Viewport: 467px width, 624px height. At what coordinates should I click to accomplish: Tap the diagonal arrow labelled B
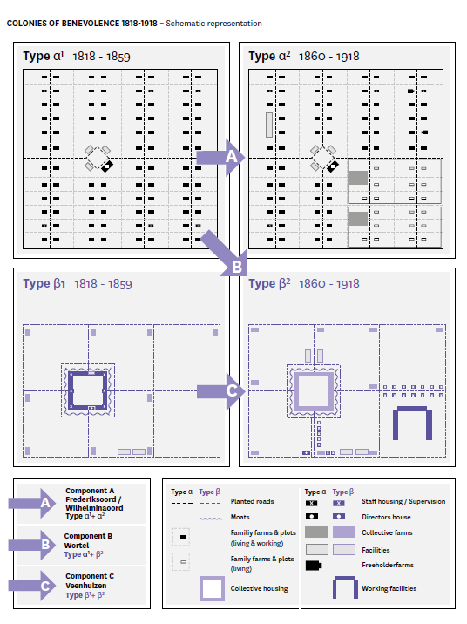[x=225, y=253]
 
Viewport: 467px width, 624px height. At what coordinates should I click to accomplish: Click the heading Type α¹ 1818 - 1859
[x=77, y=56]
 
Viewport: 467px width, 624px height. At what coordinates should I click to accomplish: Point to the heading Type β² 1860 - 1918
[x=304, y=284]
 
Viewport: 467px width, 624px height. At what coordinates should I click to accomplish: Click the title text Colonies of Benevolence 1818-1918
[x=82, y=23]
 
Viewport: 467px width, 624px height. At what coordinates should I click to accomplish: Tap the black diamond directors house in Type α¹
[x=107, y=166]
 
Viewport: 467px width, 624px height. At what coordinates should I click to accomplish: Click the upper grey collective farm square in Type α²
[x=358, y=178]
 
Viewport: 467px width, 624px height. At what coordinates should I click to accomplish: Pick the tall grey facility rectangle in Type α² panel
[x=269, y=125]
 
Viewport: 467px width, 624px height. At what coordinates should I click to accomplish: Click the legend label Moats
[x=240, y=517]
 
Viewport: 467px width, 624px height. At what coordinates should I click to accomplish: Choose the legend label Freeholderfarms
[x=388, y=565]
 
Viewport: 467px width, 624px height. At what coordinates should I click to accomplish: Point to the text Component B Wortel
[x=88, y=541]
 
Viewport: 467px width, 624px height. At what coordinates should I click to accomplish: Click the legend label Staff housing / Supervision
[x=403, y=501]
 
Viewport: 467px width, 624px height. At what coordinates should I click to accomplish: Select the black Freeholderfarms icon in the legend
[x=314, y=566]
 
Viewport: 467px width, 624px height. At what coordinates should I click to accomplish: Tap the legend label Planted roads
[x=252, y=501]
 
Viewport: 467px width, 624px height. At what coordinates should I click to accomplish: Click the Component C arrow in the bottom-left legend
[x=32, y=586]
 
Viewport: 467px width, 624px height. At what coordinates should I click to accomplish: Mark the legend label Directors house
[x=386, y=517]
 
